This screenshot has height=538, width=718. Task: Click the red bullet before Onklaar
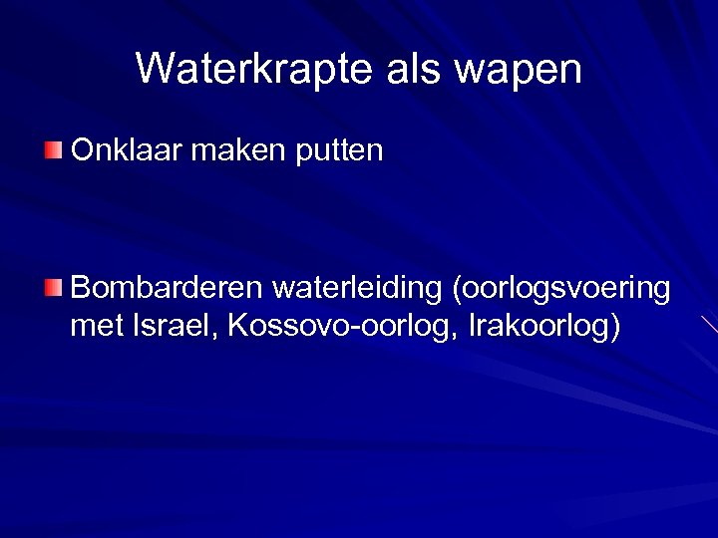point(53,150)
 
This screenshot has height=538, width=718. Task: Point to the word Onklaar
point(126,150)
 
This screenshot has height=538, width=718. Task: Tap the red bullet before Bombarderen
point(53,289)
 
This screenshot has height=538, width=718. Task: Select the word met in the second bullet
point(96,325)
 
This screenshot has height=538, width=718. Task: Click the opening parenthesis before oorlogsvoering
point(458,290)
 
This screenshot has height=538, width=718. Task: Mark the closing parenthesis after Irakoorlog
point(614,327)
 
